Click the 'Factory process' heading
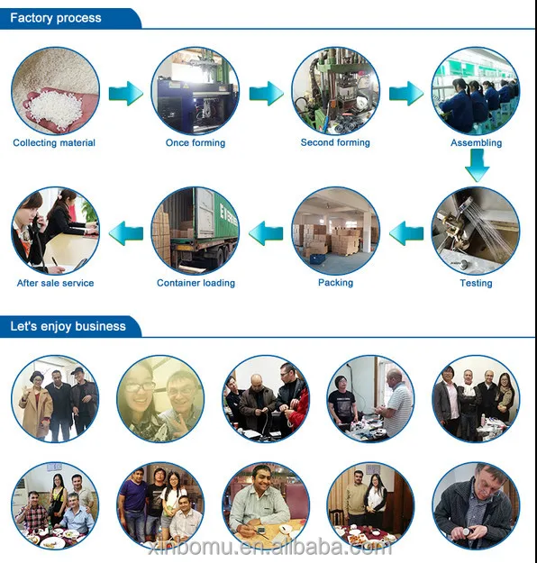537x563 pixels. coord(56,18)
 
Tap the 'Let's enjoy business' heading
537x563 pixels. coord(68,326)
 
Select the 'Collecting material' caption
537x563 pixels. coord(54,143)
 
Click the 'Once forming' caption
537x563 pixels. coord(196,143)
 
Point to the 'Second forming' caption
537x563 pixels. coord(335,142)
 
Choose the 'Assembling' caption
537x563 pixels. coord(477,143)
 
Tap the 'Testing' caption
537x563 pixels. coord(476,283)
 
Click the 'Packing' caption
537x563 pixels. coord(335,283)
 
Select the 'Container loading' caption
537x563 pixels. coord(196,283)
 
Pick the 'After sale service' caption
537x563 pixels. coord(55,283)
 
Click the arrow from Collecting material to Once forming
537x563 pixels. coord(126,94)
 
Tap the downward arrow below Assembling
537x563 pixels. coord(477,165)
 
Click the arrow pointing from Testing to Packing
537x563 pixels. coord(406,233)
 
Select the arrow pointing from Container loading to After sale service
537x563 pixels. coord(126,233)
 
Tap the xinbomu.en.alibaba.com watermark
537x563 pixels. coord(269,548)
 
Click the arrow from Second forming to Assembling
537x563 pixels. coord(406,94)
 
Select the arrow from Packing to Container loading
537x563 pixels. coord(266,233)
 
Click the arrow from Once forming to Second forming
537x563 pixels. coord(267,94)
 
